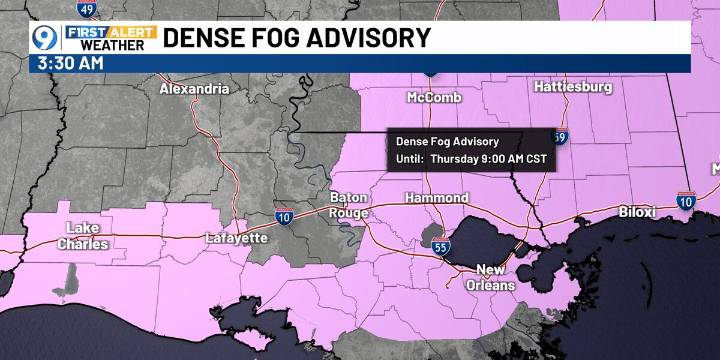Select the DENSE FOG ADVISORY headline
pyautogui.click(x=297, y=38)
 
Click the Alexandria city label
pyautogui.click(x=194, y=89)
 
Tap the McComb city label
pyautogui.click(x=433, y=97)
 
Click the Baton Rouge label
pyautogui.click(x=349, y=205)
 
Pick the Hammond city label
pyautogui.click(x=436, y=199)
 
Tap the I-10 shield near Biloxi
pyautogui.click(x=685, y=201)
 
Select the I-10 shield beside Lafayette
pyautogui.click(x=286, y=215)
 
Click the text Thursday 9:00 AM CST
pyautogui.click(x=490, y=158)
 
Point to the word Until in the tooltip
pyautogui.click(x=410, y=158)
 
